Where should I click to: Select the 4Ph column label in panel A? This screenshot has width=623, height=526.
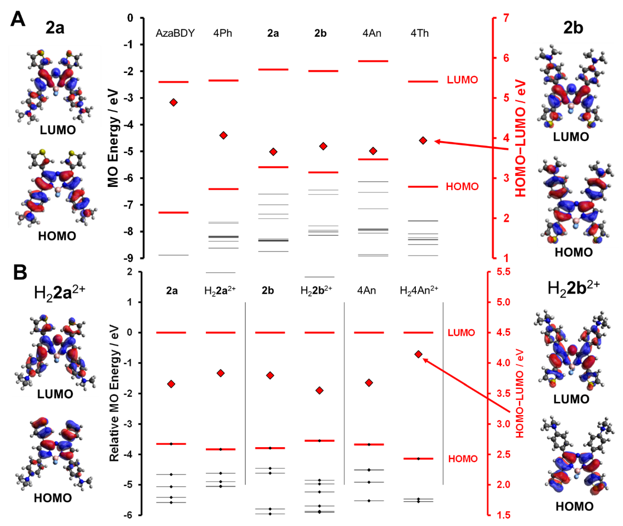223,33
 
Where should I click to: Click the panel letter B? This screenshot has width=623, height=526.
20,273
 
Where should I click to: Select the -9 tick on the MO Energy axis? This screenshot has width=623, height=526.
129,258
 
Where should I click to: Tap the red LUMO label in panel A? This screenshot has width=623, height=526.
462,80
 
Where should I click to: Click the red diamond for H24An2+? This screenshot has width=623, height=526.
418,354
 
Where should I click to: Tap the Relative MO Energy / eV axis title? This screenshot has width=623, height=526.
114,394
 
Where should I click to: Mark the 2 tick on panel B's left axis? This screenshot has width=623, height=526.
130,272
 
